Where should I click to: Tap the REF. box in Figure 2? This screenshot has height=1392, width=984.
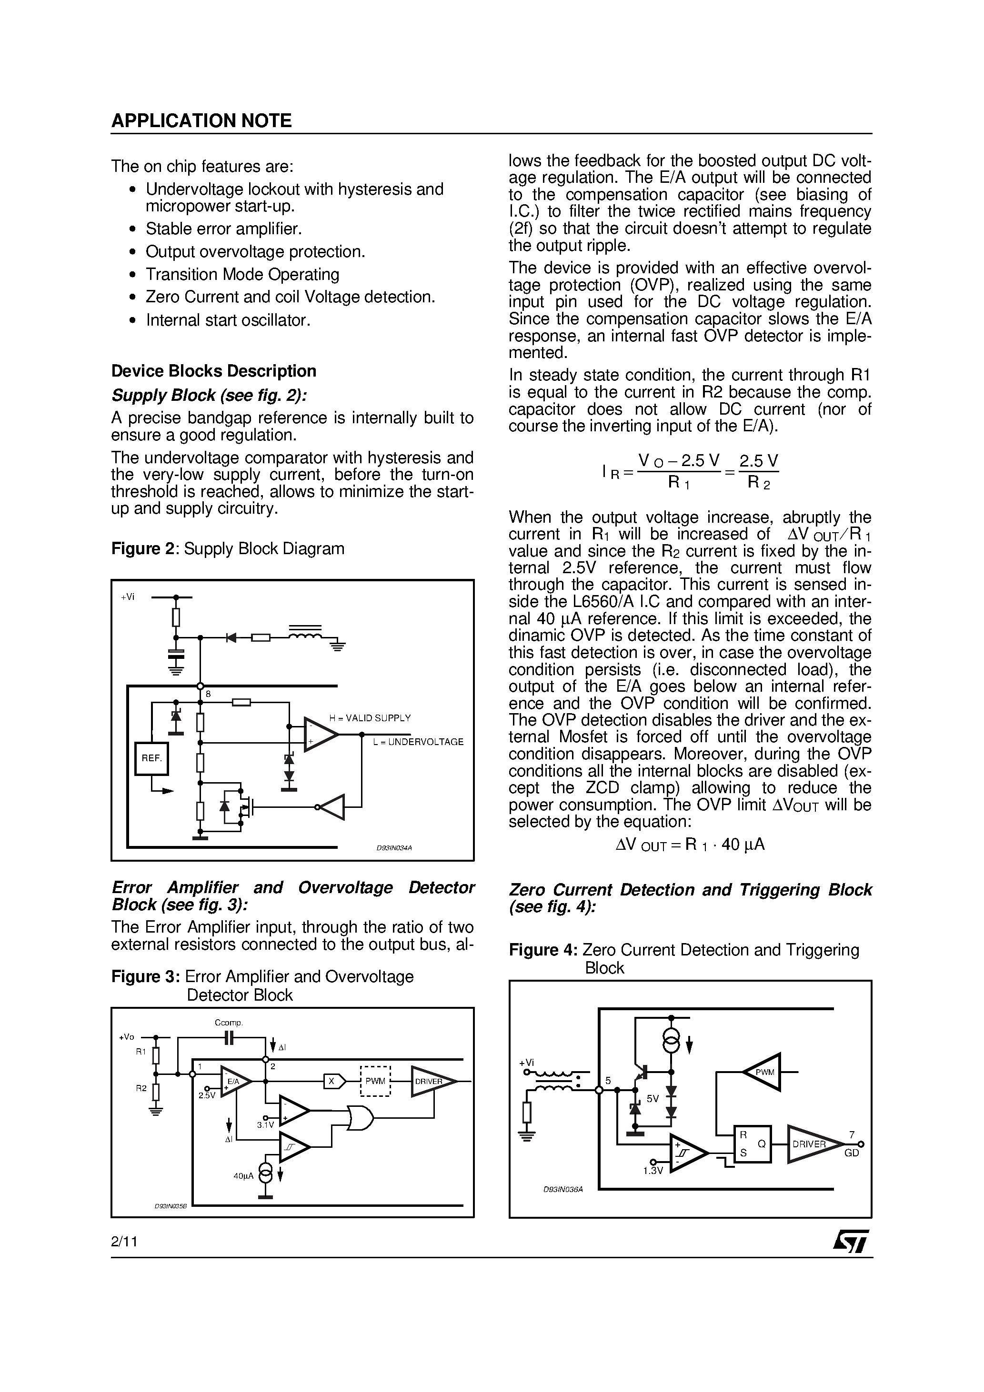pos(151,758)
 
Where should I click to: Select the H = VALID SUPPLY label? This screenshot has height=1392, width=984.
pos(370,718)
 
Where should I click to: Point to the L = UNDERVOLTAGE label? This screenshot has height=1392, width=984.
pos(418,742)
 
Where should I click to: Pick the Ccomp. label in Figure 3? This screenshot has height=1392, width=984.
pos(229,1023)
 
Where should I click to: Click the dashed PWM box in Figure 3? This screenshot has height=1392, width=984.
pos(375,1081)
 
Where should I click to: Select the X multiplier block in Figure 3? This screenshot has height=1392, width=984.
pos(333,1081)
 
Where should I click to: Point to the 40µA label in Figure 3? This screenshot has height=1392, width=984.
pos(244,1175)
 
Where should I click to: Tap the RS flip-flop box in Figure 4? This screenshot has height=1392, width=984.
pos(752,1144)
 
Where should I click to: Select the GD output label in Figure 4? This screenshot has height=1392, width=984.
pos(852,1153)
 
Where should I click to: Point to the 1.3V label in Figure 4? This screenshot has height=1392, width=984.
pos(653,1171)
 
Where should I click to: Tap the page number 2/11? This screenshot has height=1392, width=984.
pos(124,1242)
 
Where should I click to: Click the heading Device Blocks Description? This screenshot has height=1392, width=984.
pos(213,371)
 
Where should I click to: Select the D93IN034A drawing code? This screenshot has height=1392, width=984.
pos(394,848)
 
